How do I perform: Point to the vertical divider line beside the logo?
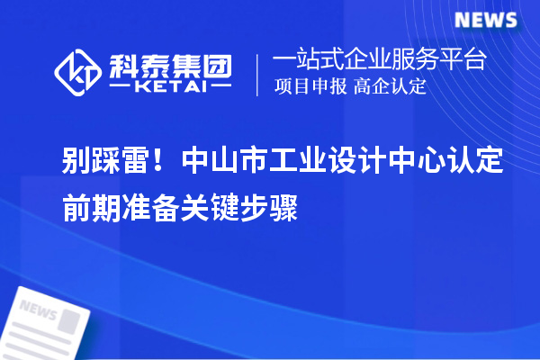259,74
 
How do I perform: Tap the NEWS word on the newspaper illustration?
38,310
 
